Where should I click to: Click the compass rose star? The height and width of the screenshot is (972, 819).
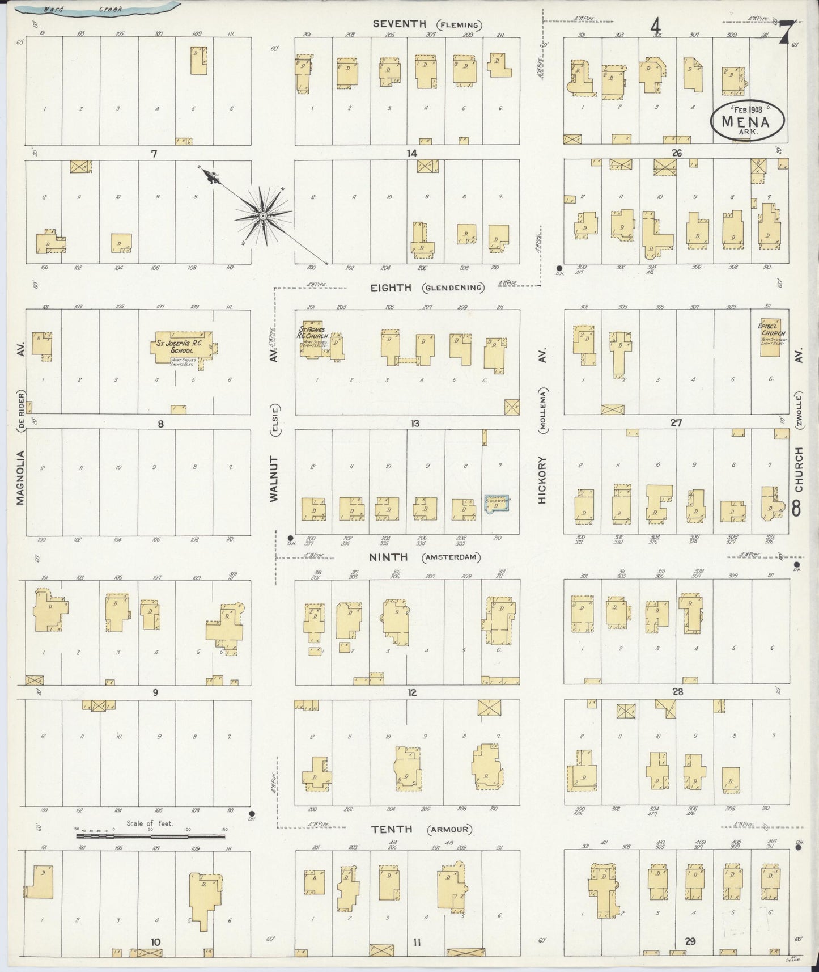pyautogui.click(x=264, y=216)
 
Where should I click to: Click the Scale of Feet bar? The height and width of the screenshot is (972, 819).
pyautogui.click(x=151, y=836)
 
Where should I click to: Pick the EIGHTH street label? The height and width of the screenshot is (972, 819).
pyautogui.click(x=391, y=288)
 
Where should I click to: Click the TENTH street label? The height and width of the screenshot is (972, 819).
pyautogui.click(x=391, y=829)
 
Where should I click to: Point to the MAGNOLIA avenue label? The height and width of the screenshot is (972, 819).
pyautogui.click(x=21, y=477)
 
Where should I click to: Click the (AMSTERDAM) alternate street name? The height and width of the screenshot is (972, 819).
pyautogui.click(x=451, y=558)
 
